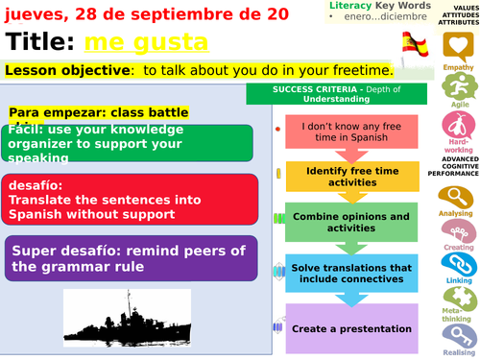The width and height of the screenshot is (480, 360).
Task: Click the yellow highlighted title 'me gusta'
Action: pos(145,42)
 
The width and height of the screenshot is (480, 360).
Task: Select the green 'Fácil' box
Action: pos(129,143)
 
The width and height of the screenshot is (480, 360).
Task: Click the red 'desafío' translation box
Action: pos(129,200)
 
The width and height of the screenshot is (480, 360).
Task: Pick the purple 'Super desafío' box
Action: pos(130,257)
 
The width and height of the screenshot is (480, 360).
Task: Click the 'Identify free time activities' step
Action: pos(352,176)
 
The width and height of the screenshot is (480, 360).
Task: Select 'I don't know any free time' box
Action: pos(352,132)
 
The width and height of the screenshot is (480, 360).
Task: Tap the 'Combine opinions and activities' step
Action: pos(352,222)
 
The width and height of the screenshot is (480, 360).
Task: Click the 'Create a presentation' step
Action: pos(352,327)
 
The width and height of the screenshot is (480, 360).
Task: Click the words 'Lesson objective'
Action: pos(62,70)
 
